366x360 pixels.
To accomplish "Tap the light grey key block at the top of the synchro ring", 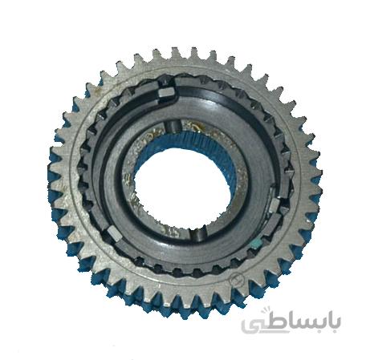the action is [x=166, y=93].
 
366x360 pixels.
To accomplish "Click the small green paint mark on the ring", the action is [x=257, y=243].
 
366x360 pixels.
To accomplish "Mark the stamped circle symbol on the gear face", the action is [x=238, y=280].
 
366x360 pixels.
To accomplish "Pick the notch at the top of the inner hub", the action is [x=173, y=127].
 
